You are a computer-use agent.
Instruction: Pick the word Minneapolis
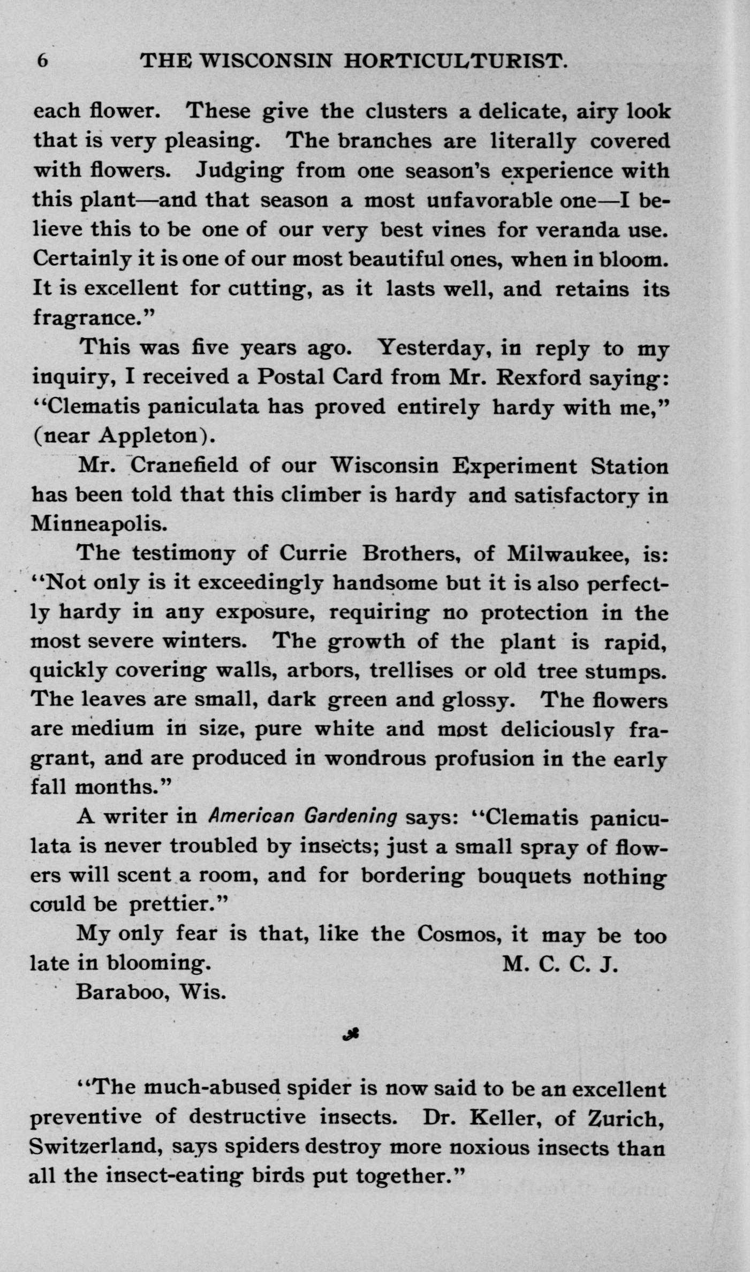click(99, 523)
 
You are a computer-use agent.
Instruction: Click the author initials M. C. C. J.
click(560, 964)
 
